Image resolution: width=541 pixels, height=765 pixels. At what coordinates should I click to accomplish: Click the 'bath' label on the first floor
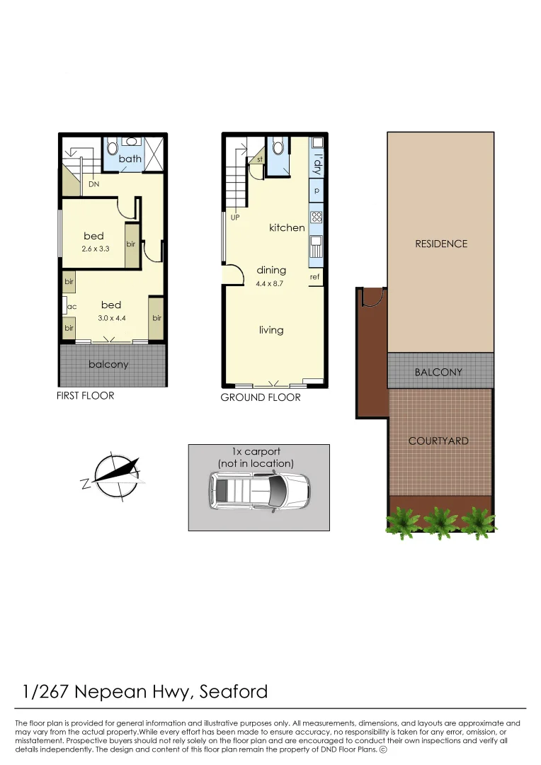pyautogui.click(x=130, y=159)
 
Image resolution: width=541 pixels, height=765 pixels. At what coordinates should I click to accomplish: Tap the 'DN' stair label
pyautogui.click(x=94, y=185)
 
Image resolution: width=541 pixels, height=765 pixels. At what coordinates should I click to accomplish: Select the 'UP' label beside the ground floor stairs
pyautogui.click(x=235, y=217)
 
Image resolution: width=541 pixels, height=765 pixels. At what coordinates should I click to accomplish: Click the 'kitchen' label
pyautogui.click(x=287, y=228)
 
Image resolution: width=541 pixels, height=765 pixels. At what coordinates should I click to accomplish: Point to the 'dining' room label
pyautogui.click(x=271, y=270)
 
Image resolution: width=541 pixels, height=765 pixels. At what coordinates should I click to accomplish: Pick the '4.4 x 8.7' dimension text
pyautogui.click(x=271, y=284)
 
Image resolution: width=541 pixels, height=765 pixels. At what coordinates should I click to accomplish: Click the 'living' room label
pyautogui.click(x=271, y=330)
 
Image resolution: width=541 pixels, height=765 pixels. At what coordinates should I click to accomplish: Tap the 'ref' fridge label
pyautogui.click(x=314, y=277)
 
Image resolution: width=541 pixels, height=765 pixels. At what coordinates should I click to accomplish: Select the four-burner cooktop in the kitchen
pyautogui.click(x=317, y=217)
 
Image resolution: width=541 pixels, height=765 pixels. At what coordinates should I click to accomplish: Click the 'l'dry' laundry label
pyautogui.click(x=317, y=164)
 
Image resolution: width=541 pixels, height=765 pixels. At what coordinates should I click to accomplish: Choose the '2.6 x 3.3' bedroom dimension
pyautogui.click(x=95, y=249)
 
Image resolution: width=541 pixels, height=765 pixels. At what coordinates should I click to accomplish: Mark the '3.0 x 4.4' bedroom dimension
pyautogui.click(x=111, y=318)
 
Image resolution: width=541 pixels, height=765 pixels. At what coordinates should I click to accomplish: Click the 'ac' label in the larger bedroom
pyautogui.click(x=72, y=307)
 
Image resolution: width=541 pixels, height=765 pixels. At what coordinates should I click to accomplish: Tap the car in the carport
pyautogui.click(x=258, y=490)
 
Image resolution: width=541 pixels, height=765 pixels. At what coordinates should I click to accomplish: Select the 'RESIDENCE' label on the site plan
pyautogui.click(x=440, y=244)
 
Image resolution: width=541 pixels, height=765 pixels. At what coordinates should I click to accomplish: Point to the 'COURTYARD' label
pyautogui.click(x=438, y=441)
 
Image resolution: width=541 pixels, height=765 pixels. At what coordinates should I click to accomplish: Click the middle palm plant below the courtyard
pyautogui.click(x=439, y=523)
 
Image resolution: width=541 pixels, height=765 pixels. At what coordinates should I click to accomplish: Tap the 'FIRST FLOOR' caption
pyautogui.click(x=85, y=395)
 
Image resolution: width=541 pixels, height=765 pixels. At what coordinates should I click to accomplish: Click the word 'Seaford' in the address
pyautogui.click(x=233, y=691)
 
